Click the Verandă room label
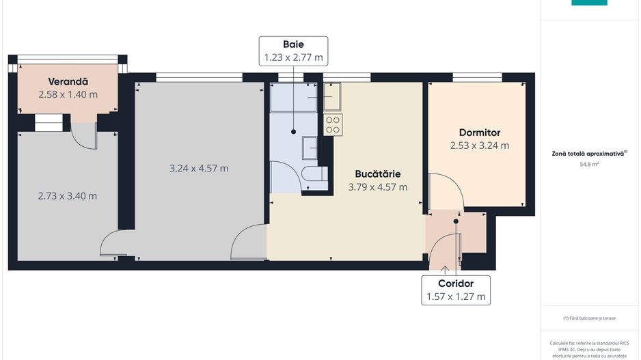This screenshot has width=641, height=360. coord(68,81)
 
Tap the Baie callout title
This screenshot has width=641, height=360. coord(293,44)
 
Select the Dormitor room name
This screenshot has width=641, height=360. coord(480,133)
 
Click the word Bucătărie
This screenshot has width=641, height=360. coord(377,174)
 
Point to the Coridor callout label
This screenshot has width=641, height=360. coord(456,283)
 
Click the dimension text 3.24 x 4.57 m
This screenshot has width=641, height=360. coord(199,168)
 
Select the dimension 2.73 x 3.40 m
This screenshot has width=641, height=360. coord(67,196)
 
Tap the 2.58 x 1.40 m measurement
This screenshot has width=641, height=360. coord(68,94)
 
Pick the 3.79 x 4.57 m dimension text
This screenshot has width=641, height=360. coord(377,186)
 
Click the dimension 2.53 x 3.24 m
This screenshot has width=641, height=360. coord(480,146)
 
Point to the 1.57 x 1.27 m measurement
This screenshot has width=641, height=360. coord(456,296)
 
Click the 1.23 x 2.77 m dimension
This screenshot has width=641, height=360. coord(293,58)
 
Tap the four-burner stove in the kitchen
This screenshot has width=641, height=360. coord(333,124)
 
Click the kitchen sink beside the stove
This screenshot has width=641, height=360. coord(332,98)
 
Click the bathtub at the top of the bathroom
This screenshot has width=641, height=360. coord(294,98)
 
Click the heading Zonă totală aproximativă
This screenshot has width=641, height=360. coord(589,154)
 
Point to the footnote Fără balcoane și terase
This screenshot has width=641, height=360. coord(590,318)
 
